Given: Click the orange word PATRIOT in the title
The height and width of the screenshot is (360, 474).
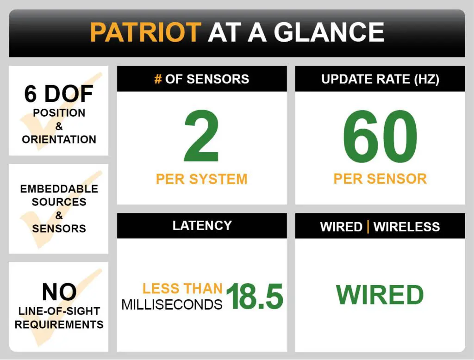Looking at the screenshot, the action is [145, 32].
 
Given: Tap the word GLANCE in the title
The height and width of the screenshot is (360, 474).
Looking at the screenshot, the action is [329, 32].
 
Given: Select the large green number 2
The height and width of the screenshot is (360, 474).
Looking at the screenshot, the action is [201, 137].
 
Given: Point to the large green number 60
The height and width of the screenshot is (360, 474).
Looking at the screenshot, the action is [380, 137].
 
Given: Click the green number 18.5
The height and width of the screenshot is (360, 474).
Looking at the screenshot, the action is [255, 296].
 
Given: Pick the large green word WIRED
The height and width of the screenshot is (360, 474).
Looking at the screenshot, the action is [380, 295].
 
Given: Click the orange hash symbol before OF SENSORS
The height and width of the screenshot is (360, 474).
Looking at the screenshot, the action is [158, 79].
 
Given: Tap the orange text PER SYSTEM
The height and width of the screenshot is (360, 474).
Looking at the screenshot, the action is [202, 179].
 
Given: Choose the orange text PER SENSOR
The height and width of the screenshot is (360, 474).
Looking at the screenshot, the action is [380, 179].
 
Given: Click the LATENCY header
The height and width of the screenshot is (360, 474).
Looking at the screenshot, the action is [202, 225].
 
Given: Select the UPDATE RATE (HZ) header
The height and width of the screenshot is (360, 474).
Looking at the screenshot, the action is [380, 79].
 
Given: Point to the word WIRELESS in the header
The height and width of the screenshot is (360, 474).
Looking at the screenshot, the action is [406, 227].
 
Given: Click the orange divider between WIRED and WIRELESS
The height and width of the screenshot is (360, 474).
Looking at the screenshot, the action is [368, 227].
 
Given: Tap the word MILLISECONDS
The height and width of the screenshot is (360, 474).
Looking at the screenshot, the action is [172, 304].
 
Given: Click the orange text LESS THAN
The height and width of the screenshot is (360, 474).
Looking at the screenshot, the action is [182, 289].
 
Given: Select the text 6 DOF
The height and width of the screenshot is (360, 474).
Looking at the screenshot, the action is [59, 94].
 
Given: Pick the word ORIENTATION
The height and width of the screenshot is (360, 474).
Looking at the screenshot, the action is [59, 140].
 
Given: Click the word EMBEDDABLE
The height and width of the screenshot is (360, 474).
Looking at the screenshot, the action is [59, 189].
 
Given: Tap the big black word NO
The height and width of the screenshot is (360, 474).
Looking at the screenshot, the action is [59, 292].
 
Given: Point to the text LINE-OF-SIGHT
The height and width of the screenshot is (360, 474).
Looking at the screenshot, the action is [59, 311].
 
